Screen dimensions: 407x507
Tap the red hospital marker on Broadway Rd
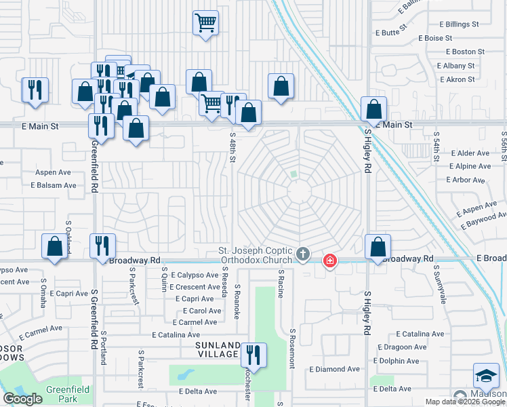coord(330,260)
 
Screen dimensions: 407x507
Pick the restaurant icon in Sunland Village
coord(254,355)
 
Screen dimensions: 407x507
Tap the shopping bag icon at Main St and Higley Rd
coord(373,109)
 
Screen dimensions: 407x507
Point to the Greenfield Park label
coord(66,390)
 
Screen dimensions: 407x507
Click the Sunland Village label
coord(218,349)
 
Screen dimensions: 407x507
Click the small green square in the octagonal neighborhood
coord(293,174)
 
